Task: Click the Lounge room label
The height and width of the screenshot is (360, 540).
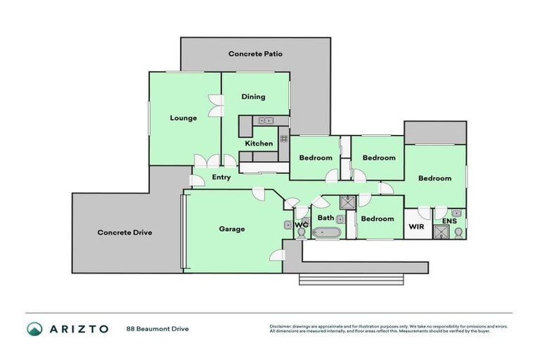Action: tap(184, 118)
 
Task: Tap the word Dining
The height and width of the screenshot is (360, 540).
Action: tap(253, 97)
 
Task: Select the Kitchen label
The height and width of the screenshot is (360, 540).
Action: tap(259, 143)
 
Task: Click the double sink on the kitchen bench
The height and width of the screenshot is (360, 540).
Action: tap(266, 120)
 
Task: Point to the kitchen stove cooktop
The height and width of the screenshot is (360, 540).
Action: tap(284, 139)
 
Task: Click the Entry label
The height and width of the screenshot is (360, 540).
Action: tap(221, 177)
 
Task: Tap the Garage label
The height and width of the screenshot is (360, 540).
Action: tap(231, 229)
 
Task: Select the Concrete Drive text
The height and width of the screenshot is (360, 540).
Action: tap(124, 232)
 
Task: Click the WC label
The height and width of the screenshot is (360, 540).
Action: tap(302, 225)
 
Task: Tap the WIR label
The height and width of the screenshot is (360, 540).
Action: tap(416, 226)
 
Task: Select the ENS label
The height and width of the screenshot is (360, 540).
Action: tap(448, 221)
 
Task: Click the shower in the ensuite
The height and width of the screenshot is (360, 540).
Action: tap(441, 232)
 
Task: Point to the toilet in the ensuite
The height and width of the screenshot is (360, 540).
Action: tap(458, 232)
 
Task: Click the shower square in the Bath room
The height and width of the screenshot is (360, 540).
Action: tap(347, 203)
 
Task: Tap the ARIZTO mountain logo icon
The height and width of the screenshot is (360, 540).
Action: tap(34, 328)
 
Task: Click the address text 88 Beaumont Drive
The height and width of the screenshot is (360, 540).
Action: tap(157, 328)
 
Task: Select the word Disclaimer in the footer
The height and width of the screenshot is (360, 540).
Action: tap(281, 326)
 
